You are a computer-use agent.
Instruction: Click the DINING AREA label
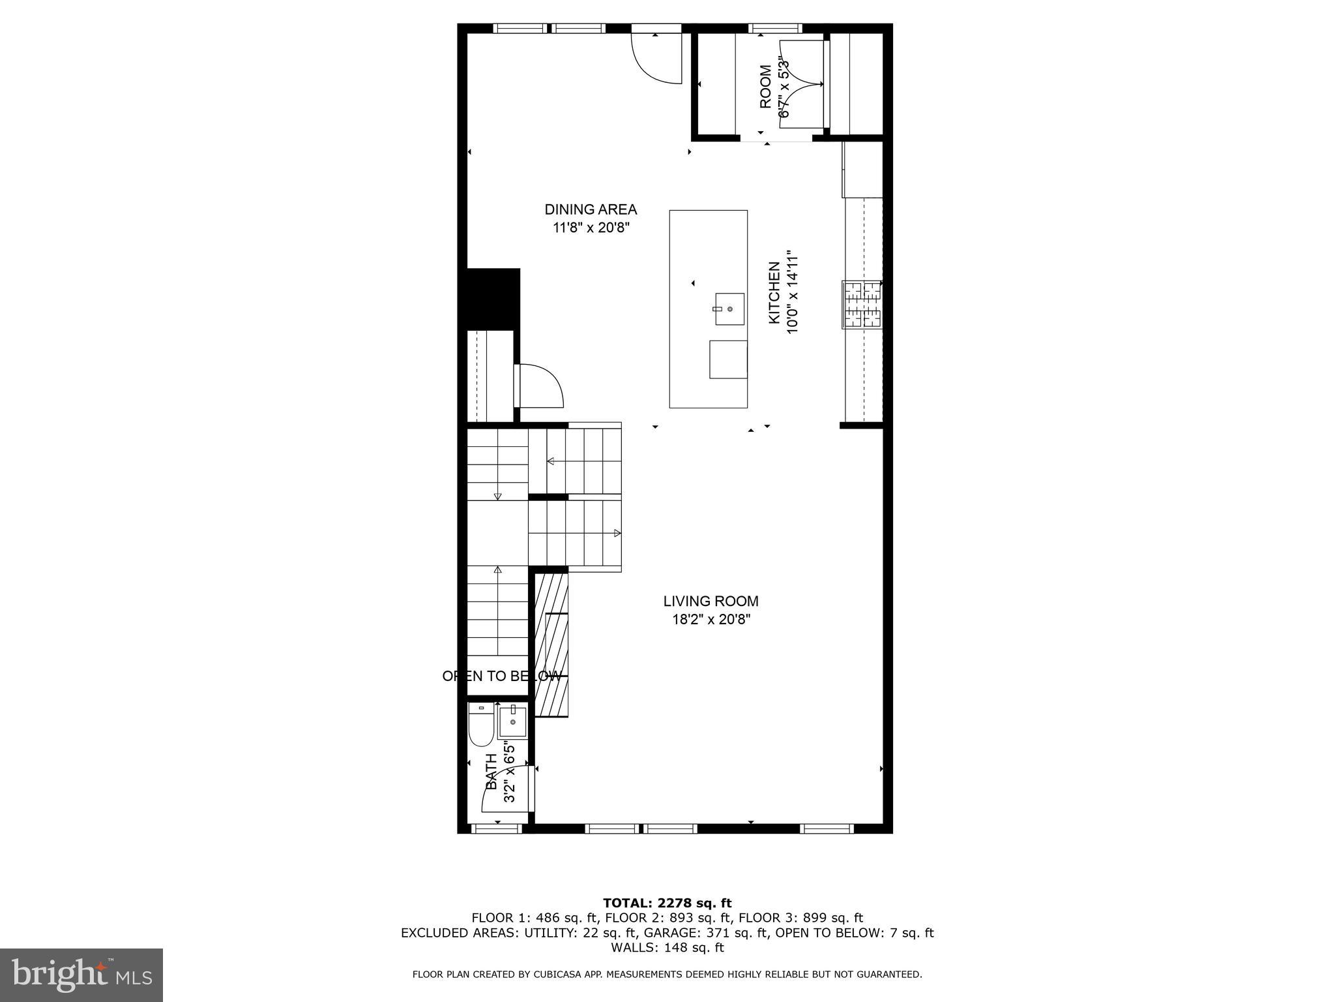click(591, 209)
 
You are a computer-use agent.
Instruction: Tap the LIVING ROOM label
click(711, 601)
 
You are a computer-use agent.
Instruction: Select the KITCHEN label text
click(774, 292)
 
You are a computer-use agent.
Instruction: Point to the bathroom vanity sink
click(513, 721)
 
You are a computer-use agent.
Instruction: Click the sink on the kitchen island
click(729, 309)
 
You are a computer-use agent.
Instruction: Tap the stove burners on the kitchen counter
click(861, 304)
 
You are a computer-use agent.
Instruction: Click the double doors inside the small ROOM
click(802, 83)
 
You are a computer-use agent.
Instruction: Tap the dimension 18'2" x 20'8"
click(711, 619)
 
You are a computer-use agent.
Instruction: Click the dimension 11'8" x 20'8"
click(591, 228)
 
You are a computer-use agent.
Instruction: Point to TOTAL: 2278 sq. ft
click(667, 903)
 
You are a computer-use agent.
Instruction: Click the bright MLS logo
click(81, 975)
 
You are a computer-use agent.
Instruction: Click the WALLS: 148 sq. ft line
click(667, 947)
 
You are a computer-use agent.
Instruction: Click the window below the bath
click(497, 828)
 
